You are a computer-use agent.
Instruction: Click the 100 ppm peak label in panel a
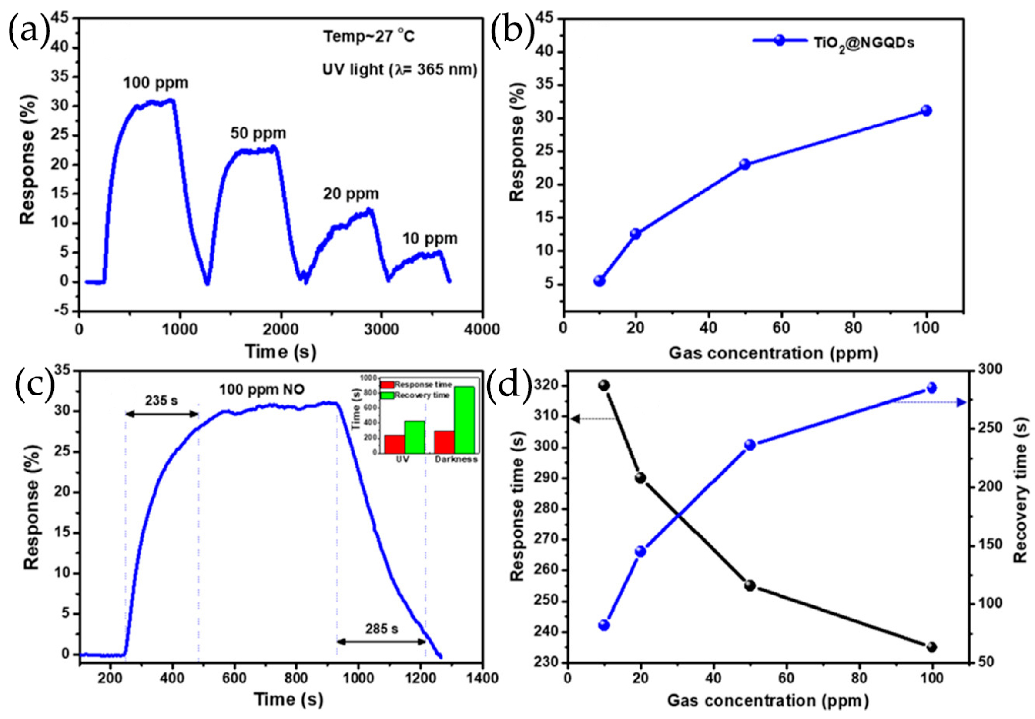click(155, 84)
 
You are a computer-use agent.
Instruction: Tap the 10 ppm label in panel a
click(429, 238)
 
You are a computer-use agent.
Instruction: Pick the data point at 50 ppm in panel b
click(745, 164)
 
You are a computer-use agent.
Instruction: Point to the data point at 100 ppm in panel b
click(926, 111)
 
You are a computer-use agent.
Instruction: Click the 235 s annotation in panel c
click(161, 400)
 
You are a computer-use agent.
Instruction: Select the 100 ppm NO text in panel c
click(262, 389)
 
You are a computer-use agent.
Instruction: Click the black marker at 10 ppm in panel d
click(604, 385)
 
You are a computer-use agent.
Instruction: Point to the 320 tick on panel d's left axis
click(547, 386)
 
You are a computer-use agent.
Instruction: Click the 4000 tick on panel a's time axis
click(482, 329)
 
